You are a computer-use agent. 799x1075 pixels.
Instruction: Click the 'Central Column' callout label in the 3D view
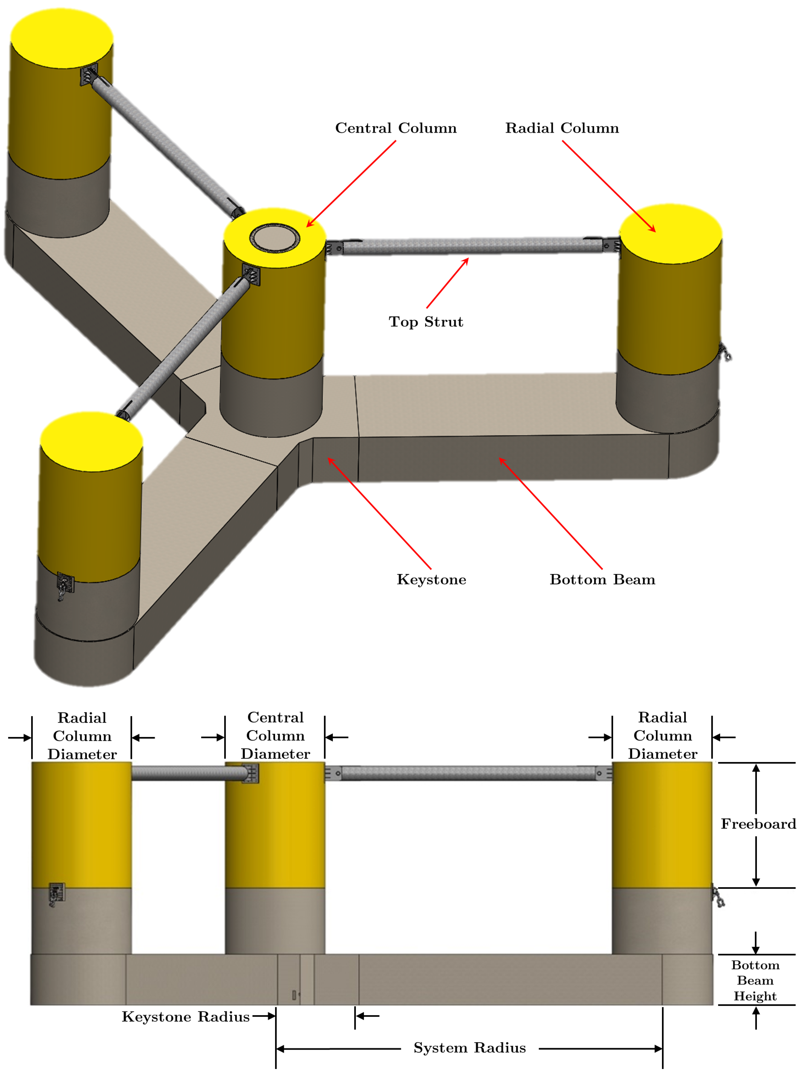point(396,128)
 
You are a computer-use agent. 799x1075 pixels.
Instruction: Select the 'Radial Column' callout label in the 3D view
point(562,128)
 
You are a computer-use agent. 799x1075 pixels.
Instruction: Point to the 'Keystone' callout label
point(432,579)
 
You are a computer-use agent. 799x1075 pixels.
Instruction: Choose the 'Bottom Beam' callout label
point(602,579)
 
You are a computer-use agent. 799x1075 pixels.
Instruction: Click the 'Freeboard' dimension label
point(757,824)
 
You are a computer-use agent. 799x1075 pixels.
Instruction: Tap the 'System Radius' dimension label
point(469,1048)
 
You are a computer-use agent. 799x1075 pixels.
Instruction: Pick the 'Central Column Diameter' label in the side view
point(275,736)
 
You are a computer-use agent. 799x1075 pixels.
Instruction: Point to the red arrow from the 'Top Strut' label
point(447,283)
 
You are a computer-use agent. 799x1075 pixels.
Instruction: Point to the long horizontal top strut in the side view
point(468,773)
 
